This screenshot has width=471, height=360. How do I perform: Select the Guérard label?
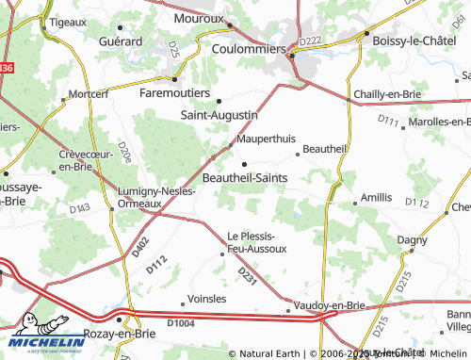pos(121,42)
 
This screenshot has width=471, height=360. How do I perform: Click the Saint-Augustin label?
pos(219,115)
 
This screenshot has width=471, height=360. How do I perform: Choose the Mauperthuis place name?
pos(267,139)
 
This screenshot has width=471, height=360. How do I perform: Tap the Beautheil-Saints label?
pos(252,176)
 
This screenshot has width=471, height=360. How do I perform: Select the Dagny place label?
pos(413,240)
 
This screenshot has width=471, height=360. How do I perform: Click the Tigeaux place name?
pos(68,20)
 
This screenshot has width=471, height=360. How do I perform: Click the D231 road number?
pos(248,275)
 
